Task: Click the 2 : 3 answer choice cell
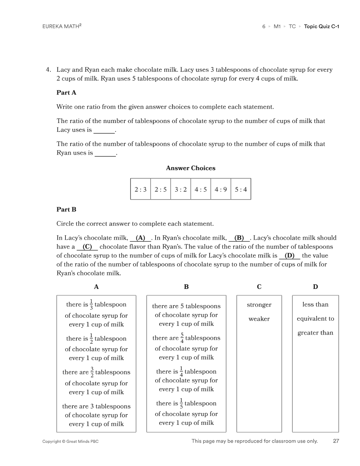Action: pyautogui.click(x=140, y=190)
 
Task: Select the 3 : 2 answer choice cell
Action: pyautogui.click(x=181, y=190)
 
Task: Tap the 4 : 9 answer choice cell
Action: pyautogui.click(x=221, y=190)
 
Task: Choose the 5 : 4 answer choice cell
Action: pyautogui.click(x=241, y=190)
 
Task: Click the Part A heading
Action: pyautogui.click(x=66, y=93)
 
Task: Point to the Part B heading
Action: pyautogui.click(x=66, y=209)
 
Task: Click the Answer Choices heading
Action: pyautogui.click(x=190, y=168)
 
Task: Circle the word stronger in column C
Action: pyautogui.click(x=259, y=305)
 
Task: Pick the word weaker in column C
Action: pyautogui.click(x=259, y=319)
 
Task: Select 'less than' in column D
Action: pyautogui.click(x=315, y=304)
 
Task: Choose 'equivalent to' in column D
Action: pyautogui.click(x=315, y=319)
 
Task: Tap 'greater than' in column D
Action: pyautogui.click(x=315, y=333)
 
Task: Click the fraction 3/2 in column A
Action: pyautogui.click(x=92, y=372)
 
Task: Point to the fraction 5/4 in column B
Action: pyautogui.click(x=182, y=338)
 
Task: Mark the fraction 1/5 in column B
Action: pyautogui.click(x=181, y=403)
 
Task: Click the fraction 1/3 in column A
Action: pyautogui.click(x=91, y=304)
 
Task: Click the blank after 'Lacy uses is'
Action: pyautogui.click(x=104, y=131)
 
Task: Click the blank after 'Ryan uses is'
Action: pyautogui.click(x=105, y=154)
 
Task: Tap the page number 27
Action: pyautogui.click(x=336, y=441)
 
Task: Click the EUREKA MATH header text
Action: pyautogui.click(x=61, y=27)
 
